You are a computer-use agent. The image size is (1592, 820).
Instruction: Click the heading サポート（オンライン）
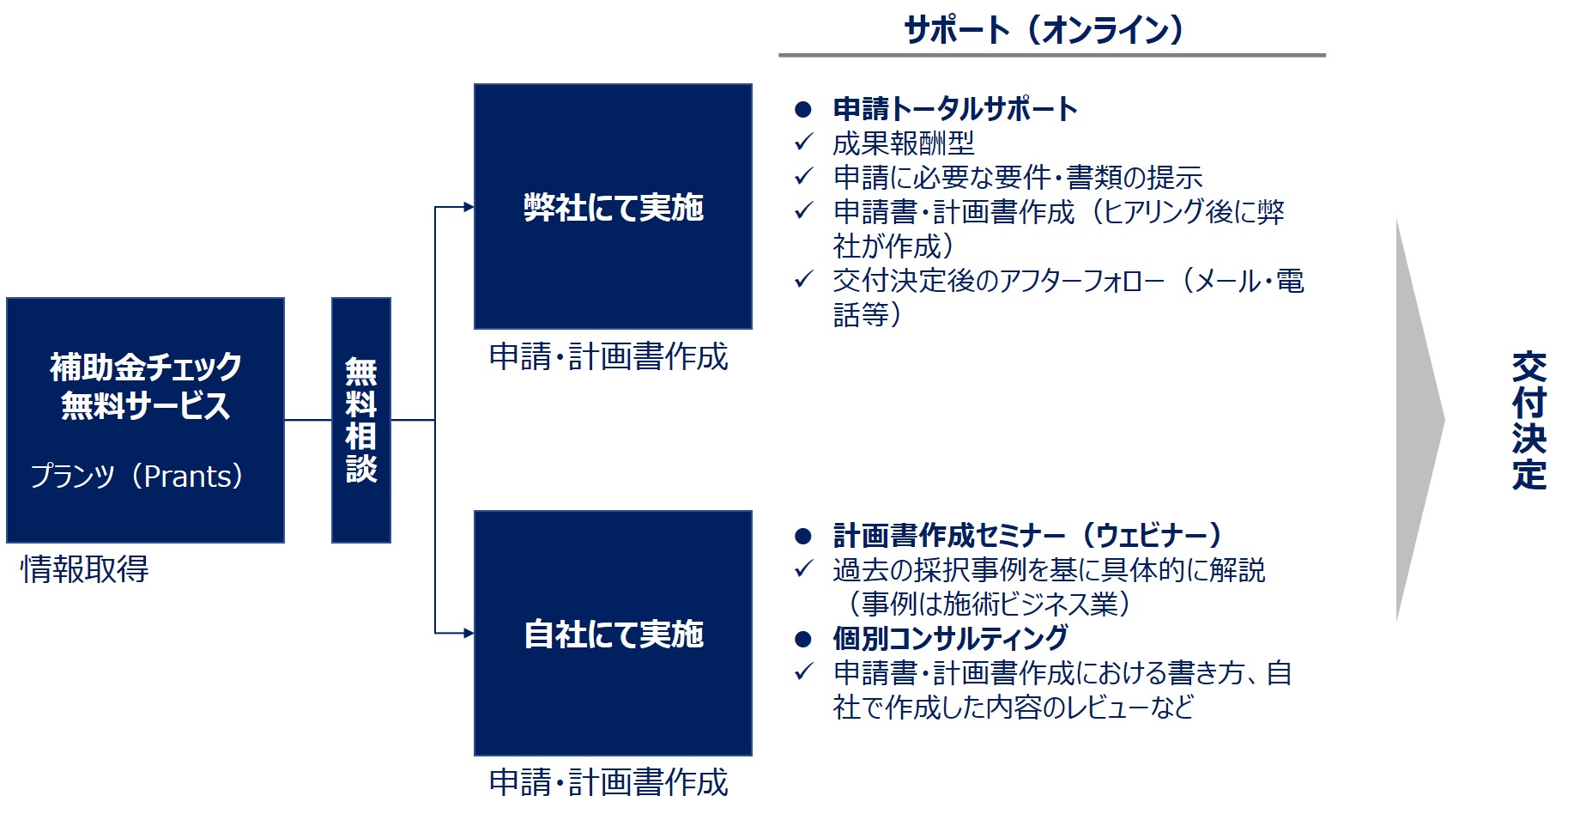point(1044,30)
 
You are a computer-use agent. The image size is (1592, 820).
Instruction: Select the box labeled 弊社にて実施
point(613,206)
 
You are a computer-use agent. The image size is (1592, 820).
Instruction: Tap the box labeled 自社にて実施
point(613,633)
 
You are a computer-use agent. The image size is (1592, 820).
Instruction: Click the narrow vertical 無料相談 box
point(361,420)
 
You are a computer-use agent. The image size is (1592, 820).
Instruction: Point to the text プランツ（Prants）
point(137,476)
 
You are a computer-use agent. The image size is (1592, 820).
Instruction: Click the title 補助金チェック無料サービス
point(145,386)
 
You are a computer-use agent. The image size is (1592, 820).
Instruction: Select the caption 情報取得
point(84,569)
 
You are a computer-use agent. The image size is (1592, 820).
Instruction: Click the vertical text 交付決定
point(1529,421)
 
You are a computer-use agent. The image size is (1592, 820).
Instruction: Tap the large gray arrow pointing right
point(1419,421)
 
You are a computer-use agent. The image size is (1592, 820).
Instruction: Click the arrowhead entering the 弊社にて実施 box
point(469,207)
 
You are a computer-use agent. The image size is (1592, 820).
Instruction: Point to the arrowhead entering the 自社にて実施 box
point(469,634)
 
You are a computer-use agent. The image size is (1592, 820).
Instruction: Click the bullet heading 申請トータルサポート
point(955,109)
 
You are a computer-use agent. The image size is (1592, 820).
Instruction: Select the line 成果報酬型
point(904,143)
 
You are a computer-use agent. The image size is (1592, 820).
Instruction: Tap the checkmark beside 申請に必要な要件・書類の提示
point(803,176)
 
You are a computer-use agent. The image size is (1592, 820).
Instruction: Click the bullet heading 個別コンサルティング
point(950,638)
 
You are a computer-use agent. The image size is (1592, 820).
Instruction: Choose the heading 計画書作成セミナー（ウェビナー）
point(1028,535)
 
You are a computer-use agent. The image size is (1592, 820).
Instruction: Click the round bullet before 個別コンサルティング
point(803,639)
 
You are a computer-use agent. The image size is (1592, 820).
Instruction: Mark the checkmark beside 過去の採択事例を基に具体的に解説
point(803,568)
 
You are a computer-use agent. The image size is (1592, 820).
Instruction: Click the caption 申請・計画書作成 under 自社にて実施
point(608,782)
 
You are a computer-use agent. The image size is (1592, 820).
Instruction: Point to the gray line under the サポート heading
point(1052,55)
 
